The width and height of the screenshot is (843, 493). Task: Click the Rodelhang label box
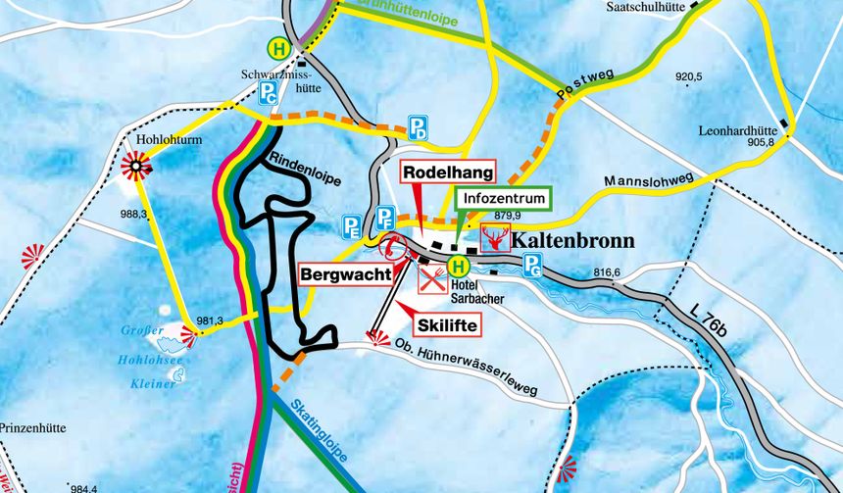click(444, 172)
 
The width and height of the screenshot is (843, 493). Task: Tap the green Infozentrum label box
click(503, 197)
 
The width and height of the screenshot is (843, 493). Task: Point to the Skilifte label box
click(447, 323)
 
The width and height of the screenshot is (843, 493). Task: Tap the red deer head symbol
click(495, 238)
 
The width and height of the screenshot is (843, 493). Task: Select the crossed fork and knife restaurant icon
click(431, 279)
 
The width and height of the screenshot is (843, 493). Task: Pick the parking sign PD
click(419, 127)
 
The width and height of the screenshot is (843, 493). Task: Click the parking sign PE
click(351, 228)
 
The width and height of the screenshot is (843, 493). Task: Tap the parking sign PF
click(386, 217)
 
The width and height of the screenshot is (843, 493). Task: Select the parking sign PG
click(532, 264)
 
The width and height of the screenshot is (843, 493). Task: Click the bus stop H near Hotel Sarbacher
click(459, 266)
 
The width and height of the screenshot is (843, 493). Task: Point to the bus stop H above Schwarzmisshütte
click(280, 47)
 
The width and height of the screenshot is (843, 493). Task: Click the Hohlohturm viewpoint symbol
click(134, 168)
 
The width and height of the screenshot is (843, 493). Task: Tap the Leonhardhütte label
click(737, 129)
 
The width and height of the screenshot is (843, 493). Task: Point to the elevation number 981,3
click(211, 320)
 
